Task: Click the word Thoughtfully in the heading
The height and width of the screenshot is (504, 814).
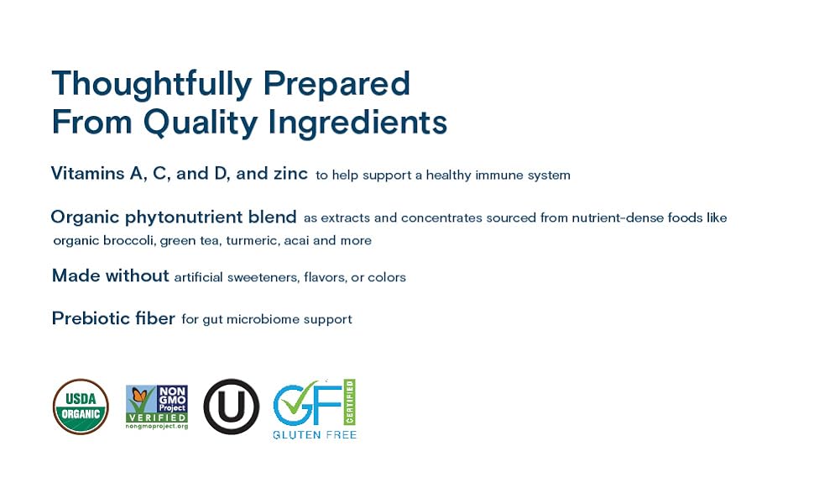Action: pyautogui.click(x=152, y=84)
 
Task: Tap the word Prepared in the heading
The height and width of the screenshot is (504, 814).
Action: pyautogui.click(x=337, y=84)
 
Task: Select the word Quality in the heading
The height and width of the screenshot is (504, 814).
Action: pyautogui.click(x=201, y=123)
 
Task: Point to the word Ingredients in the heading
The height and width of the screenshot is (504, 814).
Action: pyautogui.click(x=357, y=123)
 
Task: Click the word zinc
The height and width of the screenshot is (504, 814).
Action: pyautogui.click(x=290, y=174)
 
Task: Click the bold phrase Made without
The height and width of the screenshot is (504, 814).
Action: pyautogui.click(x=111, y=276)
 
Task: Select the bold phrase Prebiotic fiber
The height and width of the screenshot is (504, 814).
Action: pyautogui.click(x=113, y=318)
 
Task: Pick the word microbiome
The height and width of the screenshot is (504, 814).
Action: pyautogui.click(x=264, y=319)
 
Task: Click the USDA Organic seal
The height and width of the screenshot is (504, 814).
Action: pyautogui.click(x=81, y=407)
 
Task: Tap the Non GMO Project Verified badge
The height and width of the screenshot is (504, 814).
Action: pyautogui.click(x=157, y=407)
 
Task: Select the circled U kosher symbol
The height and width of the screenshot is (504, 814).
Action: pyautogui.click(x=231, y=407)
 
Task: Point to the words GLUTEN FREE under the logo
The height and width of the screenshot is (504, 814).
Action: pyautogui.click(x=315, y=435)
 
